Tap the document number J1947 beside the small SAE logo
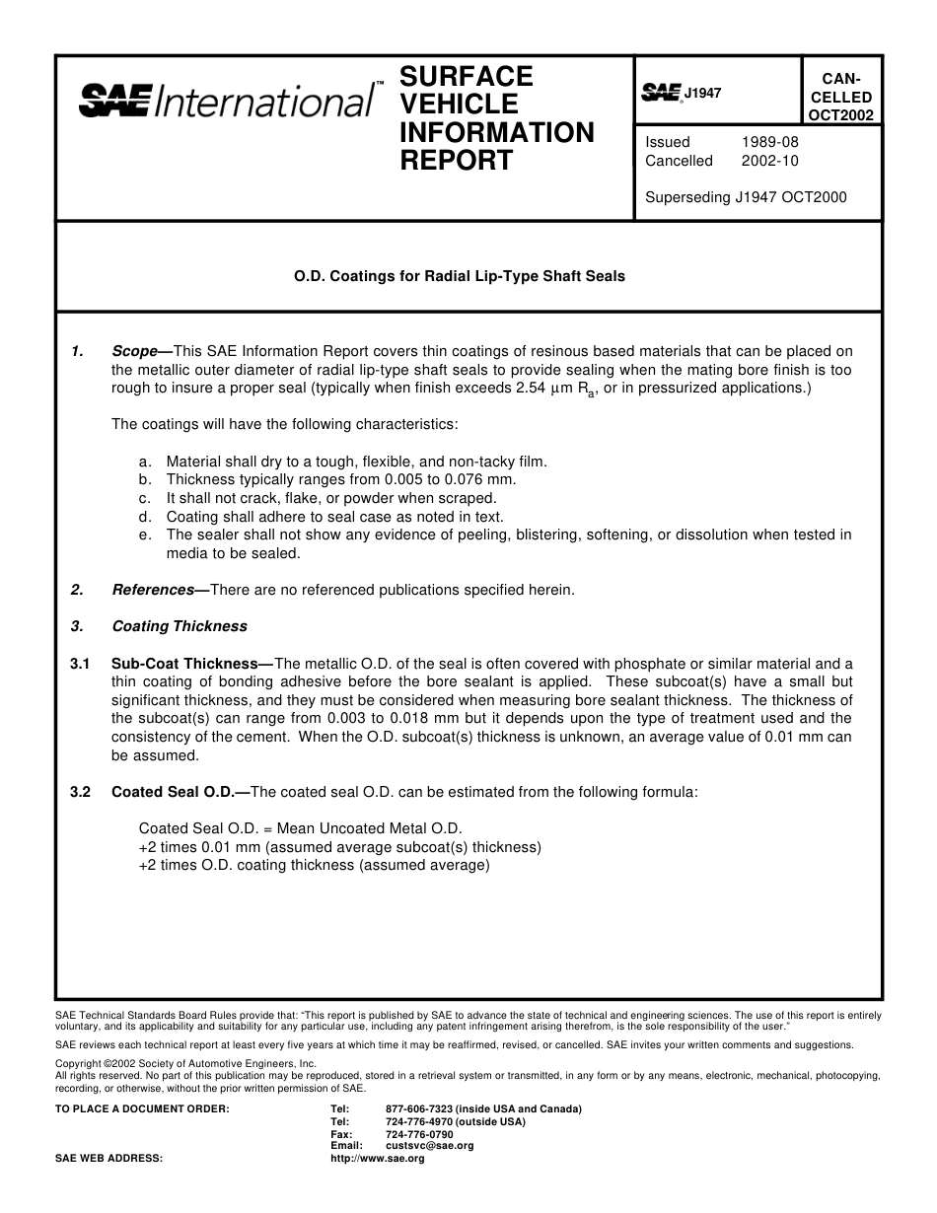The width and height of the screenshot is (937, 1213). pos(703,93)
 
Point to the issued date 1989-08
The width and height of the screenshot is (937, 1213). pos(769,142)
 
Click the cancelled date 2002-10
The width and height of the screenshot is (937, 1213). pos(769,161)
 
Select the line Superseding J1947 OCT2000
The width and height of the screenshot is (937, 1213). pos(746,197)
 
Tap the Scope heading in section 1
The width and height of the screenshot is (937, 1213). pos(135,351)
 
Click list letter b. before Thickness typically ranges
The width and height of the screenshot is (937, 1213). pos(146,479)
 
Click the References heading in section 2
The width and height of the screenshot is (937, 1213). pos(153,590)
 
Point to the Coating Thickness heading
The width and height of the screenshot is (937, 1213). pos(180,626)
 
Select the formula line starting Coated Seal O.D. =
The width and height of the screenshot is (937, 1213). pos(300,828)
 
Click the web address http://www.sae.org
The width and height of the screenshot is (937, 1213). pos(377,1159)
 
